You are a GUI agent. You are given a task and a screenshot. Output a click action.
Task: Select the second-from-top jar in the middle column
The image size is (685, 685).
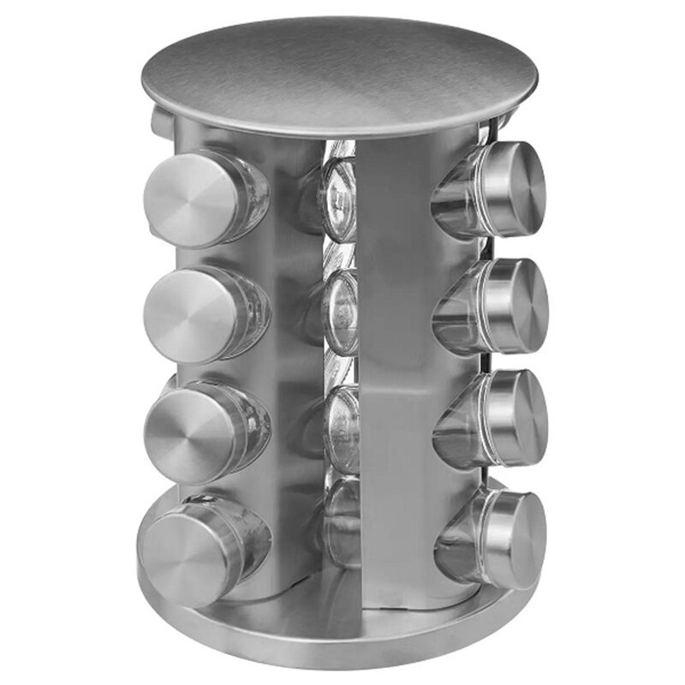340,313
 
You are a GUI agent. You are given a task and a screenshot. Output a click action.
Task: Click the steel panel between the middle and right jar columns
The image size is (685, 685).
402,360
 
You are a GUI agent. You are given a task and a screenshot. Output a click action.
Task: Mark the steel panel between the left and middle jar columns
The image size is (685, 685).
291,360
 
